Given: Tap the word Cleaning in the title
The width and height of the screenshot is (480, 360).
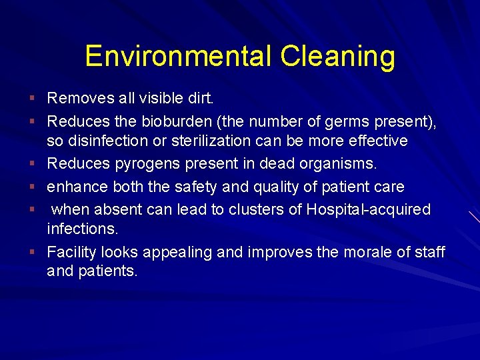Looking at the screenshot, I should (x=337, y=56).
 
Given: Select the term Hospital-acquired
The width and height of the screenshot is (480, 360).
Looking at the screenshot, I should (x=369, y=209).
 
